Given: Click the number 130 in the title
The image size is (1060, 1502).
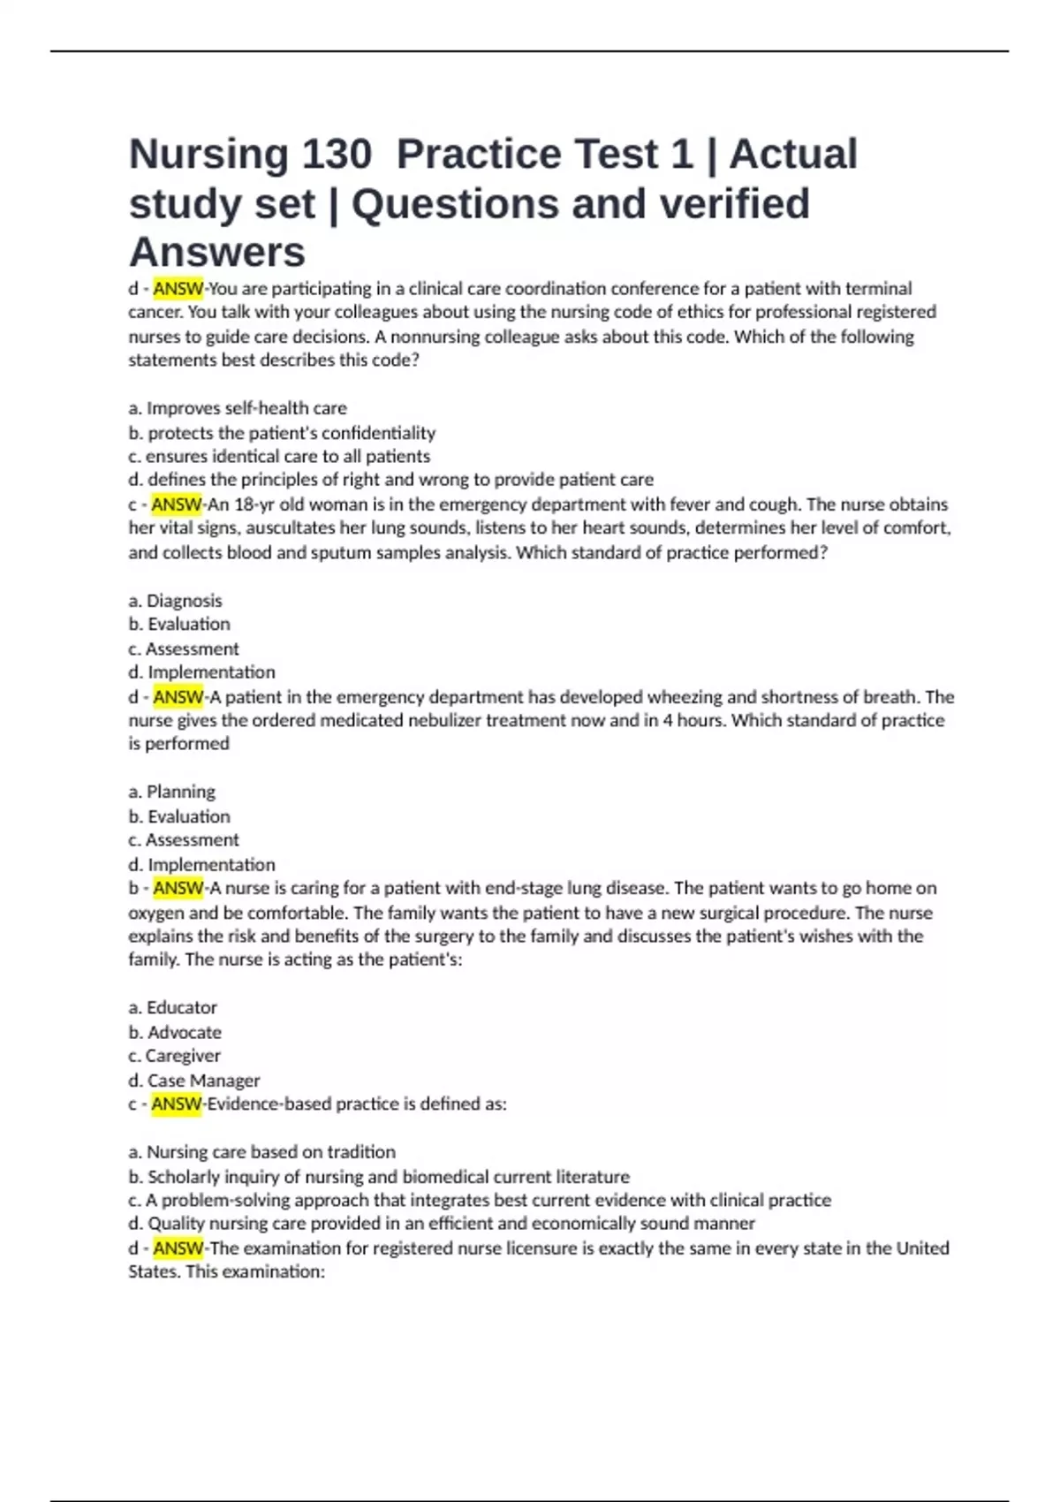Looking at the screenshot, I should click(x=337, y=155).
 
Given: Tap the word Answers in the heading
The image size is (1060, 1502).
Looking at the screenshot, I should click(x=217, y=253).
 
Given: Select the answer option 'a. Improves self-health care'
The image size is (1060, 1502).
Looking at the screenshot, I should click(x=238, y=408).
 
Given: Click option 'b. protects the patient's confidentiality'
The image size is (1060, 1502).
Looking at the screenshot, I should click(x=282, y=433).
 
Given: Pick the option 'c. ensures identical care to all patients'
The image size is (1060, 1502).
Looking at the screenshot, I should click(x=279, y=457).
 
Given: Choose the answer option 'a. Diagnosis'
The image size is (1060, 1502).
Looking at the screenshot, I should click(x=175, y=601).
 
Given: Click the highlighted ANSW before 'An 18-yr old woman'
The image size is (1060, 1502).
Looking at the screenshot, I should click(x=177, y=504).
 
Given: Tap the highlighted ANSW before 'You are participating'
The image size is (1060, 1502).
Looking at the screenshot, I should click(x=178, y=289).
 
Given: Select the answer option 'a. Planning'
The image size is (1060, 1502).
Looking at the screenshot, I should click(x=171, y=792).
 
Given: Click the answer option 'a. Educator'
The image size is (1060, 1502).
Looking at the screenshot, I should click(x=172, y=1008).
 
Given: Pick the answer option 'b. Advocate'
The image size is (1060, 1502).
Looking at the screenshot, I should click(x=175, y=1032).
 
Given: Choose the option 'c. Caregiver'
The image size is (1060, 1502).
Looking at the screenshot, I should click(x=174, y=1056).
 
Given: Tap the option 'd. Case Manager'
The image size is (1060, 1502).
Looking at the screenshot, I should click(x=194, y=1081).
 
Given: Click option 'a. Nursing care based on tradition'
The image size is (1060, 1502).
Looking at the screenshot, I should click(x=261, y=1152).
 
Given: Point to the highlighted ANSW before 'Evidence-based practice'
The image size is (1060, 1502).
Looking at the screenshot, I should click(x=177, y=1104).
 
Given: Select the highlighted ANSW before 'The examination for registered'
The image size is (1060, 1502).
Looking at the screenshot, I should click(x=178, y=1248).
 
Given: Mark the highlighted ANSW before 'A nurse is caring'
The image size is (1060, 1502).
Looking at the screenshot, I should click(x=178, y=888).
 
